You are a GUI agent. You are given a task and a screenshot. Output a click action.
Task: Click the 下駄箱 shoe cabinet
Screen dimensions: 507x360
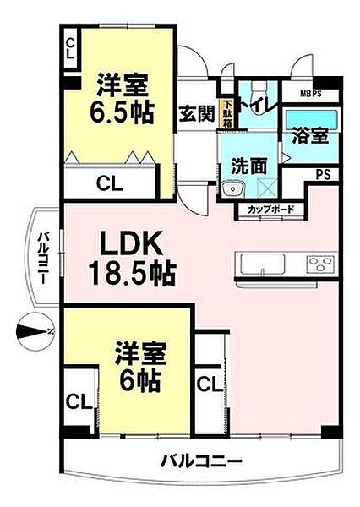226,112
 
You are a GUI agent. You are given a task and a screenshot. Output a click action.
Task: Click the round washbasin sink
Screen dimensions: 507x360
236,189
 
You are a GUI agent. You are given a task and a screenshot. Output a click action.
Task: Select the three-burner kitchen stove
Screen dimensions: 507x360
320,264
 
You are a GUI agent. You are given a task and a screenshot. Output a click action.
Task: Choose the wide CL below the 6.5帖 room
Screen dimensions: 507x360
107,180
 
